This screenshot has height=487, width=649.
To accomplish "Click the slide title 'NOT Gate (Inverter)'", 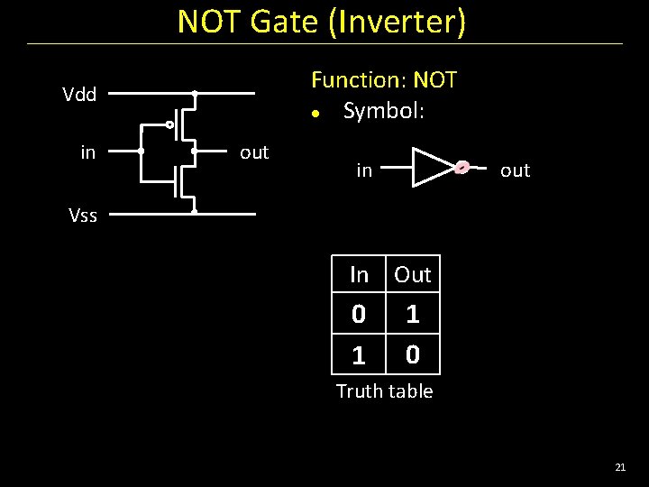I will pos(322,22).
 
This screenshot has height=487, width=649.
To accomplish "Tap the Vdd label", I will pos(79,95).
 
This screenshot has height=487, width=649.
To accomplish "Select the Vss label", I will pos(83,215).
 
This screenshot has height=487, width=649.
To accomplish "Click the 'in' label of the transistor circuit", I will pos(87,152).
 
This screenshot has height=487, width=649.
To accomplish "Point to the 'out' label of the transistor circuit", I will pos(254,152).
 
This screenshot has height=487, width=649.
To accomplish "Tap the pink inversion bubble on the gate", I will pos(462,167).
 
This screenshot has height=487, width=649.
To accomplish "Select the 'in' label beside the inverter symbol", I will pos(364,170).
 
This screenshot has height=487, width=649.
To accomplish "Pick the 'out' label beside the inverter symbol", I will pos(515,170).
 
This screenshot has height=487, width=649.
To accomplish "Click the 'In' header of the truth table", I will pos(359,274).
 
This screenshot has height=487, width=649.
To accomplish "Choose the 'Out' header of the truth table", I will pos(413,274).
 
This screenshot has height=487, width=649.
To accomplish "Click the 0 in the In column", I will pos(359,315).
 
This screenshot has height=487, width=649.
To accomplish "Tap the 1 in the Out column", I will pos(413,315).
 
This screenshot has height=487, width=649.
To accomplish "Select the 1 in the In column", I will pos(359,355).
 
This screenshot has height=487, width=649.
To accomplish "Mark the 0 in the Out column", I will pos(413,355).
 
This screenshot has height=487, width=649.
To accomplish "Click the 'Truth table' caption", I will pos(384,391).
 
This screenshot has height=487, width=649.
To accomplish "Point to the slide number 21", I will pos(619,467).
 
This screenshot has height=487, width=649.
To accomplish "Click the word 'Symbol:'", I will pos(383,112).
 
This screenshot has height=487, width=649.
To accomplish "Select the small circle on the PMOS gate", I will pos(169,124).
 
